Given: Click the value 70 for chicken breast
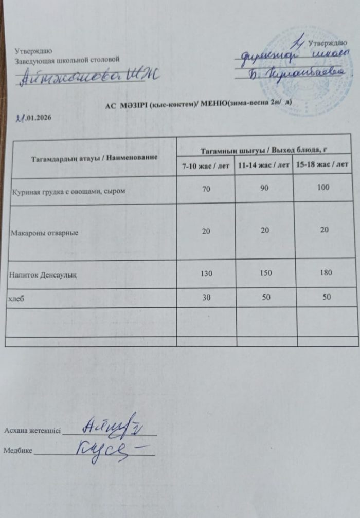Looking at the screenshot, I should [x=206, y=189].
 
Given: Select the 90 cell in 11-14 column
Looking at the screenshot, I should [x=264, y=189].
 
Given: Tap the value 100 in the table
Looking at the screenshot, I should [x=323, y=188].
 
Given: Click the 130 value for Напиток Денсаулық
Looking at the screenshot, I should [x=206, y=273].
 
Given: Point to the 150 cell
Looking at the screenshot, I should [x=264, y=272].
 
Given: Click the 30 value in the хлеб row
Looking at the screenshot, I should [x=206, y=298].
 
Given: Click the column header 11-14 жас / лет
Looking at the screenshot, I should [x=263, y=166].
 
